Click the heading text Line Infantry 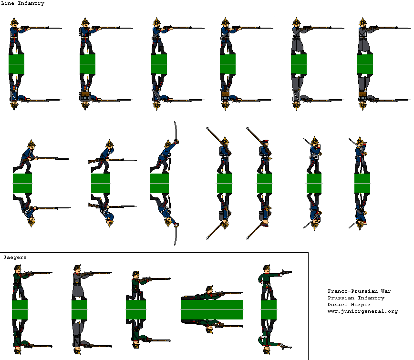click(23, 3)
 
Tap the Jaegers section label click(15, 257)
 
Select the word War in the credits click(386, 291)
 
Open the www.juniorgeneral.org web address click(362, 311)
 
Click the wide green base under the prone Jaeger click(212, 309)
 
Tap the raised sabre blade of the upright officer click(176, 130)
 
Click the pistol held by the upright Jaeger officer click(286, 272)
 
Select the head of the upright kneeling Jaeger click(136, 274)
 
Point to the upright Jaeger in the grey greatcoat click(78, 282)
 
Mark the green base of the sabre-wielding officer click(159, 183)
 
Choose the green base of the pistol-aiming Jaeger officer click(269, 309)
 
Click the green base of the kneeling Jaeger click(136, 309)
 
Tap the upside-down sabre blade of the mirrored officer click(176, 236)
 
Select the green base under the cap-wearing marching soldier click(264, 183)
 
